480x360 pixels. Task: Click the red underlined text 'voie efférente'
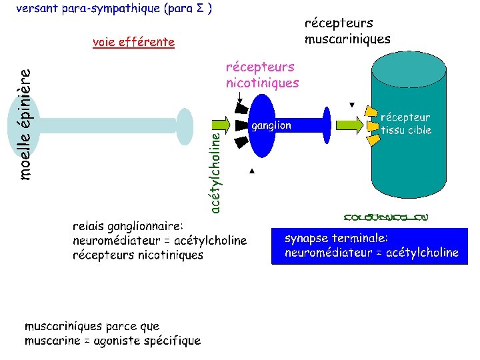click(x=133, y=43)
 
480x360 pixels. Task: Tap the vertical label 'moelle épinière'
click(x=25, y=125)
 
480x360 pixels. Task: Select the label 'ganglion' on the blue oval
click(x=271, y=125)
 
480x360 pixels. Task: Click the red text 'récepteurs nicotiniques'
click(x=262, y=75)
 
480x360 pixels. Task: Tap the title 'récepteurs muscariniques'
click(x=347, y=31)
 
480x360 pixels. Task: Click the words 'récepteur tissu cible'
click(x=406, y=124)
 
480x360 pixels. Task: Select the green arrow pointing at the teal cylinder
click(x=349, y=124)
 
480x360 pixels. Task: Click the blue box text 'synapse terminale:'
click(x=336, y=238)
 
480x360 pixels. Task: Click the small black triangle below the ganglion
click(x=252, y=171)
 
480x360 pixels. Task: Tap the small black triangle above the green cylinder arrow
click(x=353, y=105)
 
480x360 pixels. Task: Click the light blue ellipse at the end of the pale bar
click(x=185, y=124)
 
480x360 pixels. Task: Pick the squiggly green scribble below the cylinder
click(x=386, y=217)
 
